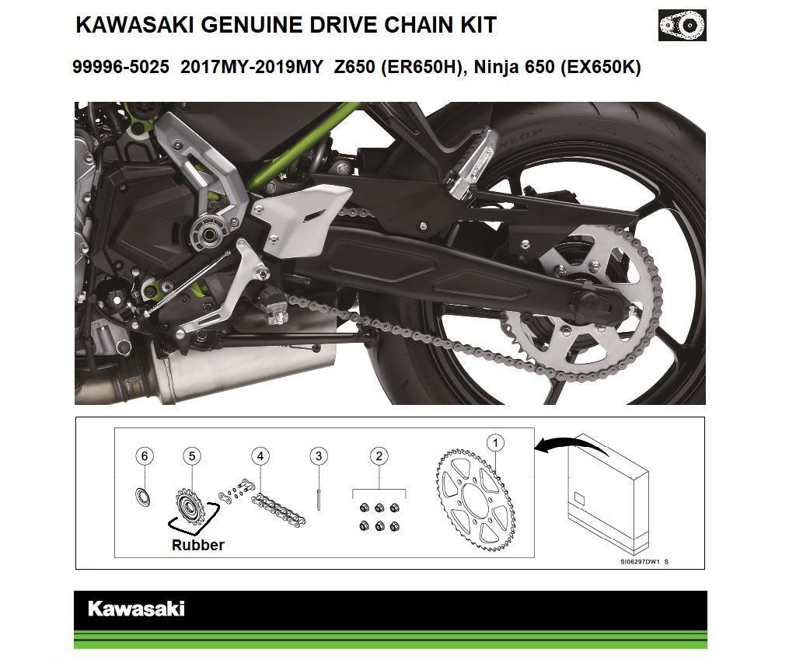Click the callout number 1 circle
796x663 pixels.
point(495,443)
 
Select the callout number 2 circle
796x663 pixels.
point(379,455)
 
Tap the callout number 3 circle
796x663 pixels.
point(317,455)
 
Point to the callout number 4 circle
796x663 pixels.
point(260,455)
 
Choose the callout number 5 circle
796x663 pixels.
point(192,455)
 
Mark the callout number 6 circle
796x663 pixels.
point(144,455)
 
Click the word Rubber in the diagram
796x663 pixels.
point(197,545)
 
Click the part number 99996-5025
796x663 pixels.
point(120,68)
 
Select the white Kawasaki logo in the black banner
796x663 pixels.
point(136,609)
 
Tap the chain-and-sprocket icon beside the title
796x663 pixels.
point(682,26)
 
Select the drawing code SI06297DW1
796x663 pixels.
point(640,561)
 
